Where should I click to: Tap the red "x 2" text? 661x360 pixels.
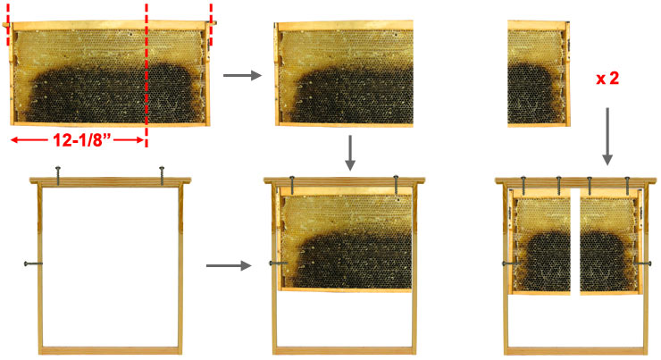[607, 79]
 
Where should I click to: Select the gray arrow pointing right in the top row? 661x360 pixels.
[242, 75]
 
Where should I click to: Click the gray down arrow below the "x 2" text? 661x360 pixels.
[607, 136]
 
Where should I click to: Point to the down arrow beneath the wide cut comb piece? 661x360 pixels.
[350, 153]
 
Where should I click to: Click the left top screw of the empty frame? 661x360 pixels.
[58, 176]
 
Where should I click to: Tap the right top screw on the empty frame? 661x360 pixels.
[162, 176]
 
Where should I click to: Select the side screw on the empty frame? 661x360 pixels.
[33, 264]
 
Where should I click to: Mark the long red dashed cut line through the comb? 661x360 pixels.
[146, 75]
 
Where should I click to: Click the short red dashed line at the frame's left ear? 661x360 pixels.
[7, 24]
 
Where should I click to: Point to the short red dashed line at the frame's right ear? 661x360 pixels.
[211, 24]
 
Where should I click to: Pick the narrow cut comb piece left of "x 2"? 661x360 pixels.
[539, 73]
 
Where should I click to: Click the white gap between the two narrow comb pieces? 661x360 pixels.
[575, 241]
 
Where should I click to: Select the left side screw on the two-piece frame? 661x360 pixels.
[511, 264]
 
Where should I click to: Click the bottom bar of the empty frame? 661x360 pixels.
[111, 350]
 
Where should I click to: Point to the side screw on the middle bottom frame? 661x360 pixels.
[279, 264]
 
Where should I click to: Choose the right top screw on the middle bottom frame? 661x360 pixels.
[396, 185]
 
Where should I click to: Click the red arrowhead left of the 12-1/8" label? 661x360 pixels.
[15, 140]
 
